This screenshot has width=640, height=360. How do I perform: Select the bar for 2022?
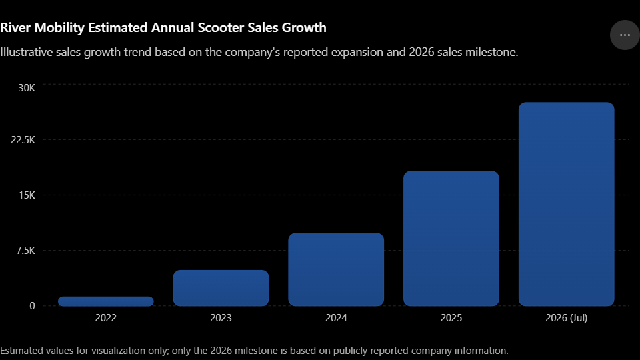[x=106, y=301]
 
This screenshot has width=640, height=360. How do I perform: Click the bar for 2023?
[x=221, y=288]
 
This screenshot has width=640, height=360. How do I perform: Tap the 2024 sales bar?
[x=336, y=269]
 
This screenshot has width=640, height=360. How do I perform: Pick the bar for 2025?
[x=451, y=239]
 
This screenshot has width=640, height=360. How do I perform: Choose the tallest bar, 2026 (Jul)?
[x=566, y=204]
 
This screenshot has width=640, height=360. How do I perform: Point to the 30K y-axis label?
[x=27, y=88]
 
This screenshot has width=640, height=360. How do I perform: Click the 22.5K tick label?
[x=23, y=140]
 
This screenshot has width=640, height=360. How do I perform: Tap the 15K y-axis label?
[x=27, y=195]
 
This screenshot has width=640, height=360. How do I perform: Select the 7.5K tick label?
[x=26, y=250]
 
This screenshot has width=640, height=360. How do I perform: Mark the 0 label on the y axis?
[x=32, y=306]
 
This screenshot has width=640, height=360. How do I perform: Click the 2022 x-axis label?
[x=106, y=318]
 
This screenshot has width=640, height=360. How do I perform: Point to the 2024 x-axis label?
[x=336, y=318]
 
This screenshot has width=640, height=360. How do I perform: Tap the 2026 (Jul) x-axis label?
[x=566, y=318]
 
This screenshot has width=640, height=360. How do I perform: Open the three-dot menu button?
[x=625, y=35]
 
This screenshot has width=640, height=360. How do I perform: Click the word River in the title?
[x=15, y=27]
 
